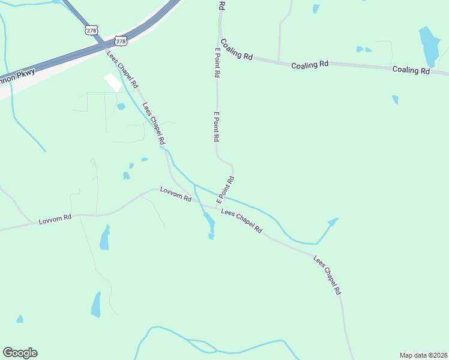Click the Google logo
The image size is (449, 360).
20,353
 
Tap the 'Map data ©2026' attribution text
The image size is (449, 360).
423,355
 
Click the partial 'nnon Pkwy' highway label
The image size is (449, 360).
17,76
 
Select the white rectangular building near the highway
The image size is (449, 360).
112,83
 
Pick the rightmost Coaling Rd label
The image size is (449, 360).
412,70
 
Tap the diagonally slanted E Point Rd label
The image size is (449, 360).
225,188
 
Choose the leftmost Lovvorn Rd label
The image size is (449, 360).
55,220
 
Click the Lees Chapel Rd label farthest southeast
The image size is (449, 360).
327,275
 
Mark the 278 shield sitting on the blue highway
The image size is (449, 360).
121,41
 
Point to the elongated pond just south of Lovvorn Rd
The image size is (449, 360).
105,238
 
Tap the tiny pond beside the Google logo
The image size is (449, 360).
20,319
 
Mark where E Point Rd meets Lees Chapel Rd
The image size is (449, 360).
217,208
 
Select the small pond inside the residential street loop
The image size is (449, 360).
121,107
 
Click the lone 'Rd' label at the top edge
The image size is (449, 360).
221,6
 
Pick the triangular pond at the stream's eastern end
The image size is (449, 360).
332,222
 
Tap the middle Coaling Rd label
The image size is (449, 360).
310,64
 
